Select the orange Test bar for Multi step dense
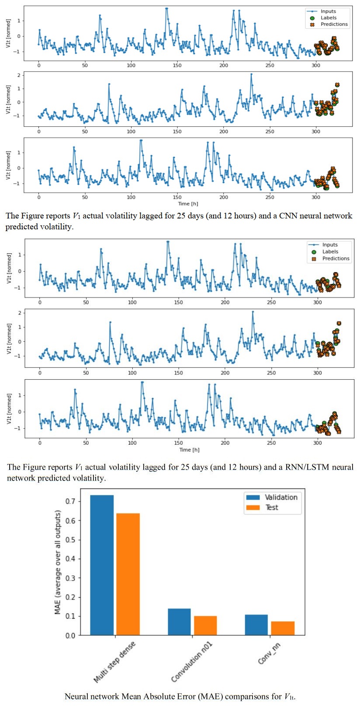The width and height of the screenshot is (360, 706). [x=128, y=574]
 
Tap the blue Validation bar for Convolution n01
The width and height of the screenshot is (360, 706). [x=179, y=622]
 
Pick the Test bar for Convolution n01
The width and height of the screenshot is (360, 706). [x=205, y=625]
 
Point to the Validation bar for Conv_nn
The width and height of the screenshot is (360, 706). [x=256, y=625]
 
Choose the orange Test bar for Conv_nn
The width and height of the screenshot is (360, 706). [x=283, y=628]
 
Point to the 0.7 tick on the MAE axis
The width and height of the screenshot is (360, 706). [x=70, y=501]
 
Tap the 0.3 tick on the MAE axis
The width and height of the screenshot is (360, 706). [x=70, y=578]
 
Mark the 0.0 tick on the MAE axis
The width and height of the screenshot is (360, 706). [x=70, y=635]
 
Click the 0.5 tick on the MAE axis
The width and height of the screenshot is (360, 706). [x=70, y=540]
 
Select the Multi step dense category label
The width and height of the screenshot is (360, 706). [x=114, y=662]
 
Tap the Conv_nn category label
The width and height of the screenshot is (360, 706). [x=269, y=654]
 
